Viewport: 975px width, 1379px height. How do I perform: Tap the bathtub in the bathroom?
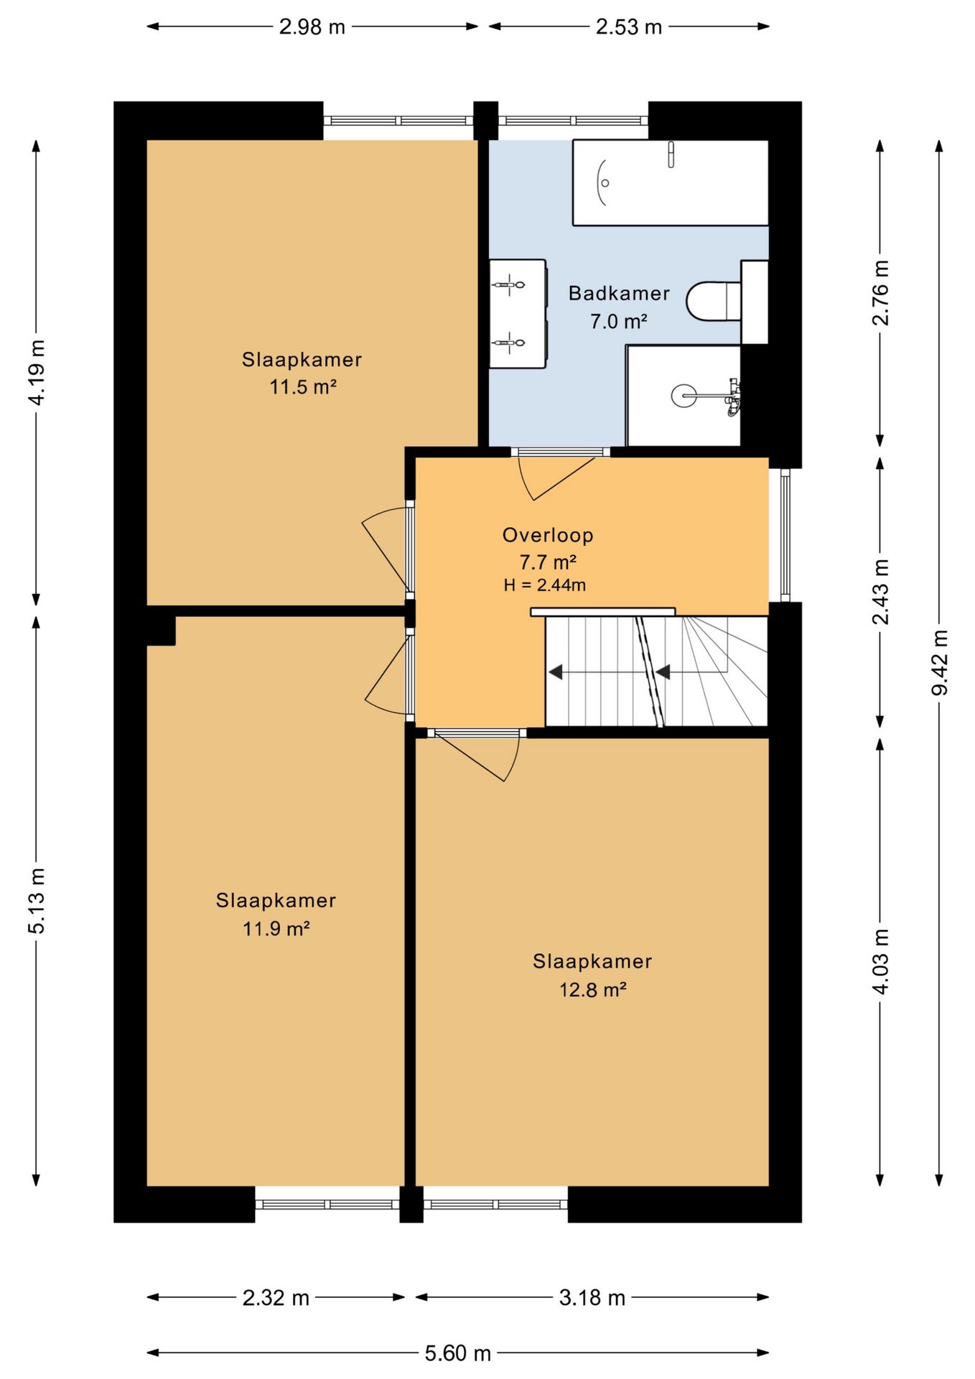671,182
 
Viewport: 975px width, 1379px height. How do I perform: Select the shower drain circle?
684,395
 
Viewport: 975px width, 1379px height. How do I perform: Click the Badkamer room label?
619,293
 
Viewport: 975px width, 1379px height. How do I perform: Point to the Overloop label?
548,535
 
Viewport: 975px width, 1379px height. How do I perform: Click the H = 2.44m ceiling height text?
545,585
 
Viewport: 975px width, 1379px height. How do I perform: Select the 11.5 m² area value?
303,387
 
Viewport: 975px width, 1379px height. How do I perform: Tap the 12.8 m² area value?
593,990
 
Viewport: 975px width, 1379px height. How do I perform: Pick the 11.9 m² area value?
276,929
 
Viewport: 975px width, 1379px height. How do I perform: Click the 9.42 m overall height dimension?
939,662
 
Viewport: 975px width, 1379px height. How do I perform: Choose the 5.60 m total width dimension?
457,1353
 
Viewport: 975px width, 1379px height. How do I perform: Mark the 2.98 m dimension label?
312,27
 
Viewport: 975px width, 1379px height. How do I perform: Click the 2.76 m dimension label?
880,293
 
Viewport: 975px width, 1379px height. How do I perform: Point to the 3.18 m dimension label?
592,1297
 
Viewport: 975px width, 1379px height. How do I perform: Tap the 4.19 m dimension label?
37,372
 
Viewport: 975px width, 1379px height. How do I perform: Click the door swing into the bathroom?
557,475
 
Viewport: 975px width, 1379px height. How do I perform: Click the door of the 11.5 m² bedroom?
386,549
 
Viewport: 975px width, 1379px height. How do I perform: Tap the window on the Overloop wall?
785,534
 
